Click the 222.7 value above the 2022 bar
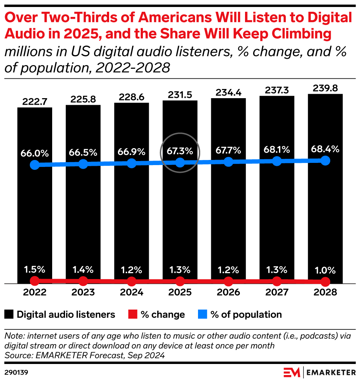click(35, 102)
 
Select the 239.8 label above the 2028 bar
click(325, 88)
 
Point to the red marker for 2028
click(325, 282)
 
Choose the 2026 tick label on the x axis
click(228, 293)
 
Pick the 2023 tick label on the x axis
click(83, 293)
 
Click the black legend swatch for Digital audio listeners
click(9, 315)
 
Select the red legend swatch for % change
click(133, 315)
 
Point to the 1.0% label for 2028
click(325, 271)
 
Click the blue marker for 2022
click(35, 165)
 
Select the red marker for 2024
click(132, 282)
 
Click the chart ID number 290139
click(16, 372)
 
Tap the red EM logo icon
click(292, 372)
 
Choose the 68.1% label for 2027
click(277, 150)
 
